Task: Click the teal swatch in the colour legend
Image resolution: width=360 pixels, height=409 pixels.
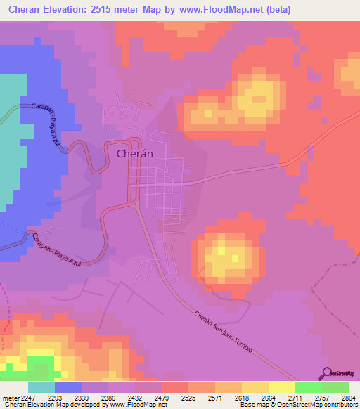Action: coord(41,387)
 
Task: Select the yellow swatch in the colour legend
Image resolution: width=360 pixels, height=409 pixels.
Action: coord(281,387)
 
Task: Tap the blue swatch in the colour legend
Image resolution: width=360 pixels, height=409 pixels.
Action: coord(68,387)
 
